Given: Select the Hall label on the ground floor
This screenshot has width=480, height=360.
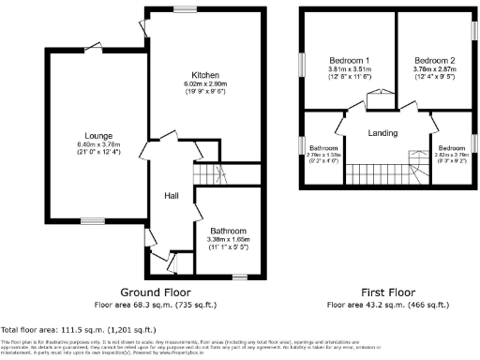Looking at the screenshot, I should tap(172, 195).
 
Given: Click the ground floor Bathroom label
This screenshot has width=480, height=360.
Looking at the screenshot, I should tap(228, 231).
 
